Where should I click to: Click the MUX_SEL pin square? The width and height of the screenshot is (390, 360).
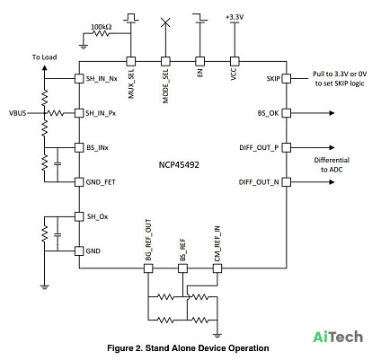130,61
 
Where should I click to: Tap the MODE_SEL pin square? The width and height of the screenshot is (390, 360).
165,61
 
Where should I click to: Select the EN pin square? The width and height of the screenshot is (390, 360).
199,61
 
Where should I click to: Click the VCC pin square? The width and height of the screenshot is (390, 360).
235,61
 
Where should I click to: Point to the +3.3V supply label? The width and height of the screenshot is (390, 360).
235,17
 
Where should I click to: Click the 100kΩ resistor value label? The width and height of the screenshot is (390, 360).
102,27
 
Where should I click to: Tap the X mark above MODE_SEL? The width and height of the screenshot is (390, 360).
165,22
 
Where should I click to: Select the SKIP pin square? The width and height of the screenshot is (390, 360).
287,79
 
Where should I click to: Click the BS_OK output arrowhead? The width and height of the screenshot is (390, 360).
332,113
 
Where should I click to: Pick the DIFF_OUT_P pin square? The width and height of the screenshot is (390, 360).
287,147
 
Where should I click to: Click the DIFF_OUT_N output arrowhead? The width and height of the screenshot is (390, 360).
332,182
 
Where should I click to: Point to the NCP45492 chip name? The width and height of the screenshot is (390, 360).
179,165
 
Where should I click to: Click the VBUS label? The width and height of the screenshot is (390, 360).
18,113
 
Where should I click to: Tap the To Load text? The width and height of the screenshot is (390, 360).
44,57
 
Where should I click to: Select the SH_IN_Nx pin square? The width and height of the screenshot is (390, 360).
79,79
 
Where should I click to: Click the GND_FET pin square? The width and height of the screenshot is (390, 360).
79,182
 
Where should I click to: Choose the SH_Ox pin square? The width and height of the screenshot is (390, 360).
79,216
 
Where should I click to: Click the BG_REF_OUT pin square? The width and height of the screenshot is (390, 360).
148,268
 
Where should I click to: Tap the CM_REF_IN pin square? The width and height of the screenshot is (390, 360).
217,268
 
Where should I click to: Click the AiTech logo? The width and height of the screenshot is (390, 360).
338,337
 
